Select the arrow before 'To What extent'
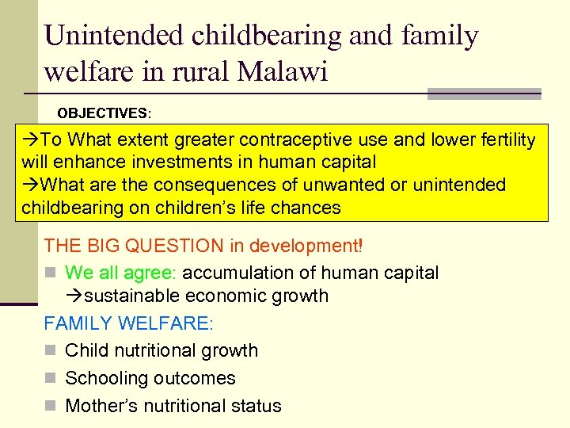coord(31,140)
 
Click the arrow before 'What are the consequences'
coord(31,185)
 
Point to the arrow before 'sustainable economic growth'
coord(75,296)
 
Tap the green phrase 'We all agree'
coord(119,273)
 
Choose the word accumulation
coord(238,273)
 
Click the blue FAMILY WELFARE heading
coord(128,323)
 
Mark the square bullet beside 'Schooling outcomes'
coord(50,379)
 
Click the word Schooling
coord(106,379)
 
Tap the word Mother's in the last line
coord(101,406)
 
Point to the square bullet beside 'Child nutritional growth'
coord(50,351)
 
